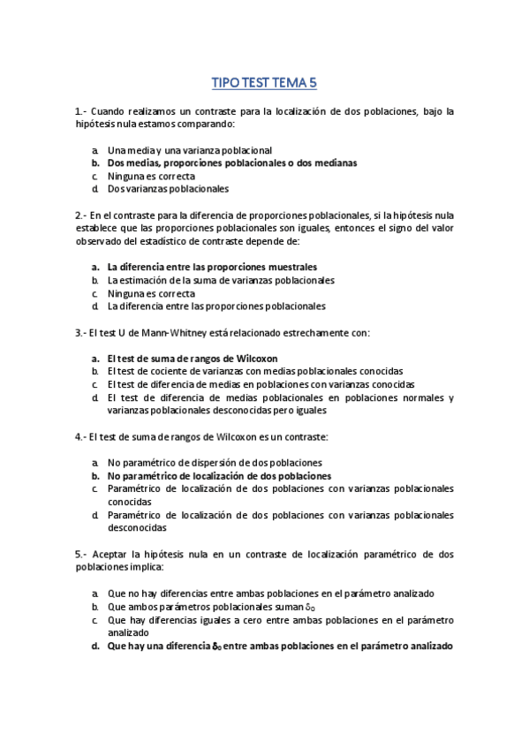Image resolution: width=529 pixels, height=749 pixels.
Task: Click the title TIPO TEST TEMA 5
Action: [264, 84]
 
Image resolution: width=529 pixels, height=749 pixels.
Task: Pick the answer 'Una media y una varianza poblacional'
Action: [189, 150]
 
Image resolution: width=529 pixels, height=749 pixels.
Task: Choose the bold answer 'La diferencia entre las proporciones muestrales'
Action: [212, 267]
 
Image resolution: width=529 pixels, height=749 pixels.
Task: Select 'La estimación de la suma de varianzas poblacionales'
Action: [221, 280]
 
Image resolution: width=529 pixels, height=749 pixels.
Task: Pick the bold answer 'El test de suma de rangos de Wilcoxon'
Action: [193, 359]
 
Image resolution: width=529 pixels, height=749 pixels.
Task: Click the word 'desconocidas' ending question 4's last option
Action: [137, 527]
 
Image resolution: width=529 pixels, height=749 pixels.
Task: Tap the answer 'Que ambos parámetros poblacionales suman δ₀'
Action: [211, 607]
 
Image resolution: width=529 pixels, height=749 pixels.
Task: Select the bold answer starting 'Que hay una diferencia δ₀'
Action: [280, 646]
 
